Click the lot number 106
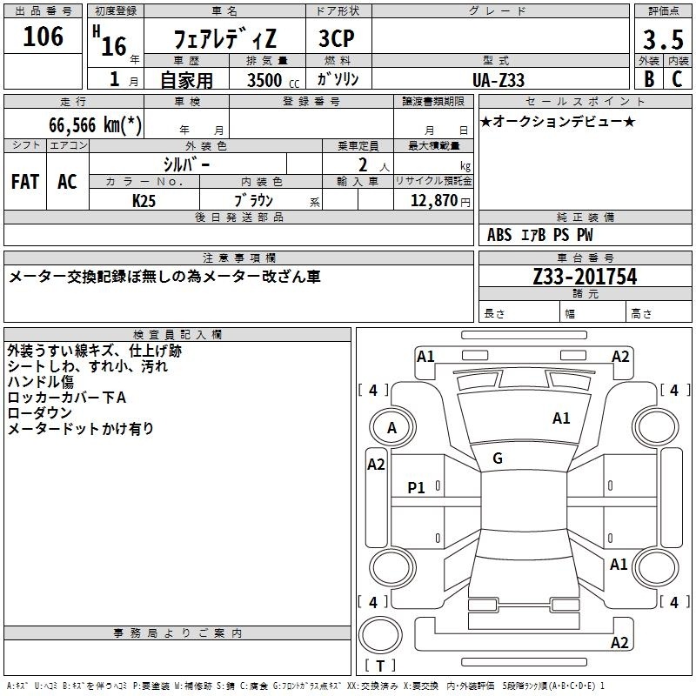(43, 37)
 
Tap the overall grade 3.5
(663, 39)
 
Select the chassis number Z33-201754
(585, 276)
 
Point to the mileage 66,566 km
(95, 124)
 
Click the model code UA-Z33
(498, 80)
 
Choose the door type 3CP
(337, 38)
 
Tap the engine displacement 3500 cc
(273, 80)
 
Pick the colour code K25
(144, 201)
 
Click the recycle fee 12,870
(433, 200)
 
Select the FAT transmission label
(25, 182)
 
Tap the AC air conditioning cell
(67, 182)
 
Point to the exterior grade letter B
(649, 79)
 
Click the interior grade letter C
(677, 79)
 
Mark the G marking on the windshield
(498, 458)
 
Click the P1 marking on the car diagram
(416, 488)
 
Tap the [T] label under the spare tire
(380, 666)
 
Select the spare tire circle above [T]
(380, 636)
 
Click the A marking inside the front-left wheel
(391, 428)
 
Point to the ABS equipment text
(499, 235)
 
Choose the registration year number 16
(114, 46)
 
